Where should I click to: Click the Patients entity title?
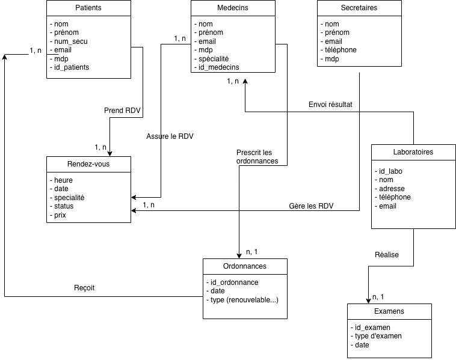pos(88,8)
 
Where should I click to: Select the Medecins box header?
pos(232,8)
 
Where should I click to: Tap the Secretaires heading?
pos(359,8)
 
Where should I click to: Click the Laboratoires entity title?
pos(413,152)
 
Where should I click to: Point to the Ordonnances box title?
pos(245,266)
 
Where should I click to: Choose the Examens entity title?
pos(389,311)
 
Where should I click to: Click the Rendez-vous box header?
pos(88,164)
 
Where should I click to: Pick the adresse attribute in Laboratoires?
pos(392,188)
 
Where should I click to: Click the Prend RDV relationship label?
pos(122,110)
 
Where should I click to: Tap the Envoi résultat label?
pos(330,104)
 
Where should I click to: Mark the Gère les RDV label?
pos(311,207)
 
